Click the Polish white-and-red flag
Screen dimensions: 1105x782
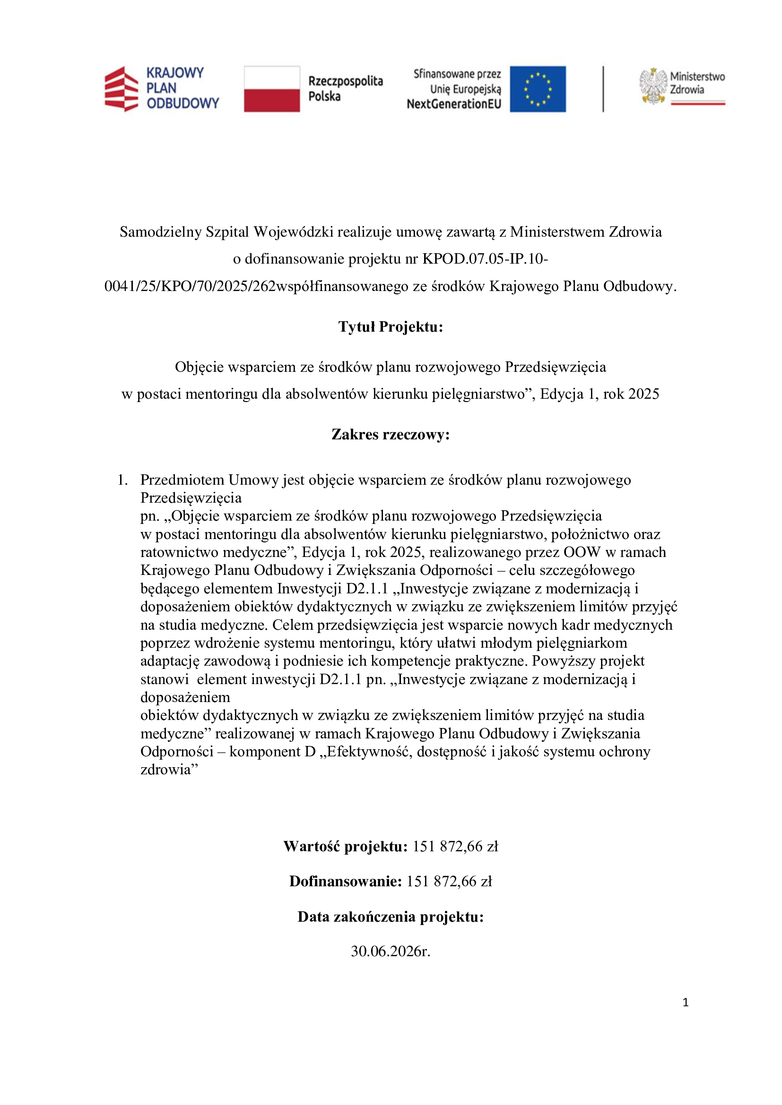[x=271, y=89]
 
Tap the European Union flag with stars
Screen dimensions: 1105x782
[x=538, y=89]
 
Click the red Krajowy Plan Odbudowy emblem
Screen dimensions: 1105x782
[x=122, y=89]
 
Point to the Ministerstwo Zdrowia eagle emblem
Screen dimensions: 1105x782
[x=652, y=86]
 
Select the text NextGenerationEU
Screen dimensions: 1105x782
[x=453, y=104]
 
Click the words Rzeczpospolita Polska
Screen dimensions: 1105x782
[x=345, y=88]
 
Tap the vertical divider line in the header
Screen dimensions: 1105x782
[x=603, y=89]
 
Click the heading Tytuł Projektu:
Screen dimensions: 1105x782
[x=391, y=327]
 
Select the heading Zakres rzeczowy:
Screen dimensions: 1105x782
[x=391, y=435]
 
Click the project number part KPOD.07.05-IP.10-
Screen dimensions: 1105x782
[x=485, y=259]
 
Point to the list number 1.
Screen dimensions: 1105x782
[x=122, y=480]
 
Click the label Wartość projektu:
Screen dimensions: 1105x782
[x=346, y=846]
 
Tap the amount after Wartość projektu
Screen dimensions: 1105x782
[x=455, y=846]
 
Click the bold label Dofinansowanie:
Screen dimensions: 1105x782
[x=345, y=881]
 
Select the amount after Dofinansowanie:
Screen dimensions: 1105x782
[x=449, y=881]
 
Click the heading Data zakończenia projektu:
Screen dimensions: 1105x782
[x=391, y=917]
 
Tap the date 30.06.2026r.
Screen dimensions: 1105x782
[x=391, y=951]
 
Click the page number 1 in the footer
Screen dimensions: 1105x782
[x=686, y=1002]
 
